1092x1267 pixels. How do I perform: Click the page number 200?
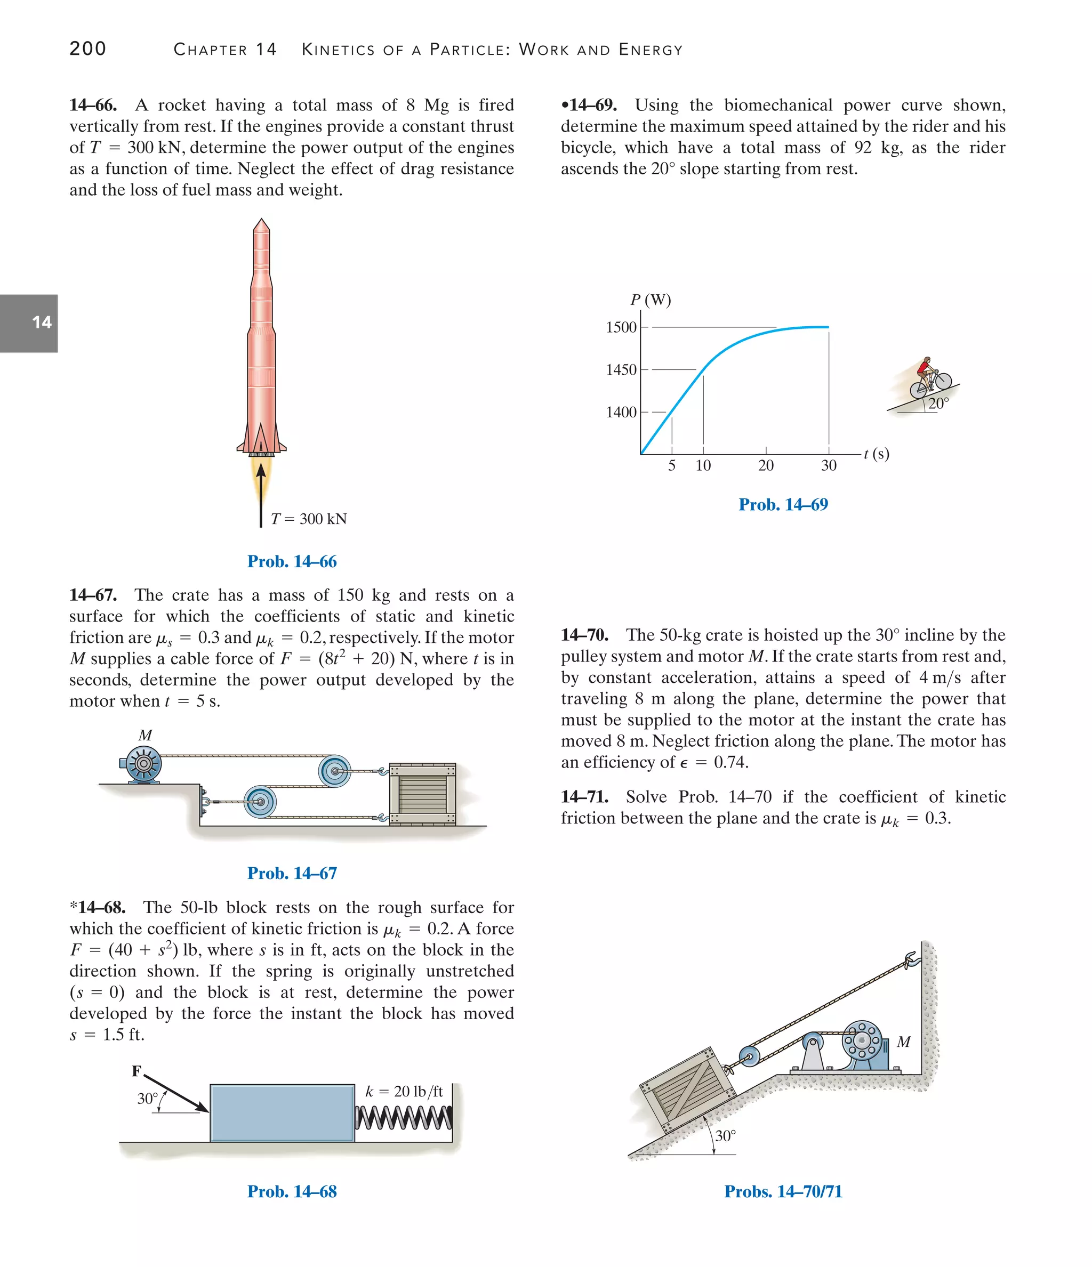click(x=87, y=49)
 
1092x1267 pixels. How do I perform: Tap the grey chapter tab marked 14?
click(x=29, y=323)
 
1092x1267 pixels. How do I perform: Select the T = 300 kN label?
click(x=308, y=519)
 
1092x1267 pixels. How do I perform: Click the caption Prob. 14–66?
click(x=292, y=561)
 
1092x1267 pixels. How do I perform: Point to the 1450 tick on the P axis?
click(x=621, y=369)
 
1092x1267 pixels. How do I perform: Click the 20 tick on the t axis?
click(x=766, y=465)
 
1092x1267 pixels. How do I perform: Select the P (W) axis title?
click(x=651, y=300)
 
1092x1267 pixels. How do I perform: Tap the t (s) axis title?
click(x=877, y=454)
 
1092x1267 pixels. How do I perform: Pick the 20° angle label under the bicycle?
click(x=938, y=403)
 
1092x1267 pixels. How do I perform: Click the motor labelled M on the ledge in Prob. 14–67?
click(x=143, y=764)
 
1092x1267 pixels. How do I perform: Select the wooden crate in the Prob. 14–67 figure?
click(x=422, y=793)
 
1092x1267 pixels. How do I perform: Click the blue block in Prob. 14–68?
click(x=282, y=1113)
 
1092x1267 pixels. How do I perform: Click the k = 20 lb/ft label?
click(x=404, y=1092)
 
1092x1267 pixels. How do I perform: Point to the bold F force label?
click(x=136, y=1071)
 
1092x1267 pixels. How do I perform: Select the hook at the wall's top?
click(x=912, y=959)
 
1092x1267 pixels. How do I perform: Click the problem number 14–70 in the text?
click(x=584, y=635)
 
